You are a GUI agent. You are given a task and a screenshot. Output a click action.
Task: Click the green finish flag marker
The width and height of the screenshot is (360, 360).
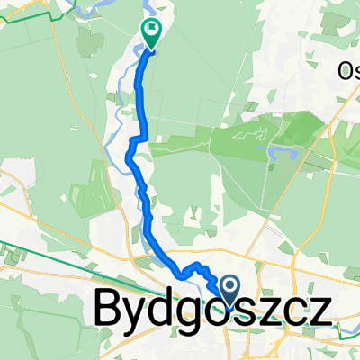(151, 33)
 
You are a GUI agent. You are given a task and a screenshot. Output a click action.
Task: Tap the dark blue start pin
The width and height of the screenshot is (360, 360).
(229, 290)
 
